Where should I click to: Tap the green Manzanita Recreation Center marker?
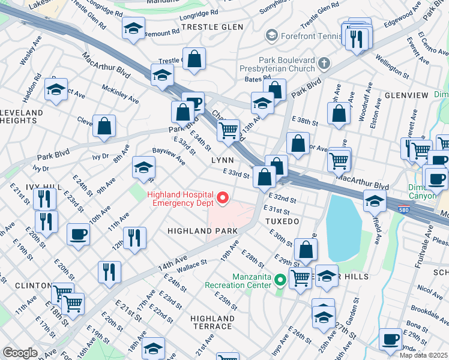coord(279,280)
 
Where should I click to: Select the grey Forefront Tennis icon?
coord(272,35)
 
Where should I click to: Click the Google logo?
coord(20,353)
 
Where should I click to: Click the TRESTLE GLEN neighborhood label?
coord(212,27)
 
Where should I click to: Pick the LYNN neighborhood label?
coord(222,161)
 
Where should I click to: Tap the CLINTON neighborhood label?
coord(24,285)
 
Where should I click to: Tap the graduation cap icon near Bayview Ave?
coord(143,168)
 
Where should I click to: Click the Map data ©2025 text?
coord(424,355)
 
